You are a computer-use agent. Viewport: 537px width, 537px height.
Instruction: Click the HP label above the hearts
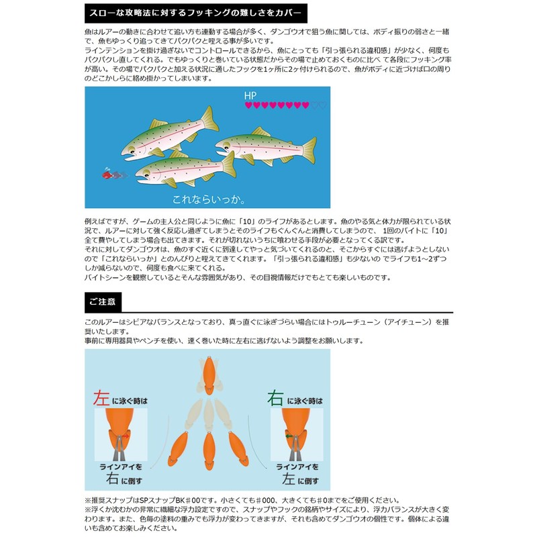(250, 95)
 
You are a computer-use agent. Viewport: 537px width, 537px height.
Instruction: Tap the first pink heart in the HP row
(248, 105)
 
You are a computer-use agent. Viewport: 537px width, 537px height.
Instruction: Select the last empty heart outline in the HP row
(323, 105)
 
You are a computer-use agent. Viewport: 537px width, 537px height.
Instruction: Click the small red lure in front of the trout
(107, 175)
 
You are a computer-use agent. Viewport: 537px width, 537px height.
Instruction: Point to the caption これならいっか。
(209, 199)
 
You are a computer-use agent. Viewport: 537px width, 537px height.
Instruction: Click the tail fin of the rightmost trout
(309, 150)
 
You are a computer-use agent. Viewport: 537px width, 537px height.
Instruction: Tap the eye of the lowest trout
(146, 172)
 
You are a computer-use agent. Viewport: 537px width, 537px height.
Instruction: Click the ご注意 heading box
(103, 302)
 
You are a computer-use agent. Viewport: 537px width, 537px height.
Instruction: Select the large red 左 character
(101, 398)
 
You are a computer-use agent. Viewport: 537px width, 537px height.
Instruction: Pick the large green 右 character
(275, 398)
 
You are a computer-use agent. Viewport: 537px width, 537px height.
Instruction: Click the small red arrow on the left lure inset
(126, 436)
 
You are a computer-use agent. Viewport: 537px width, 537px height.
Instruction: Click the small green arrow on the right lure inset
(289, 436)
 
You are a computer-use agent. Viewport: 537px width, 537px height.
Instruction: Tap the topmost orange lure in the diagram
(209, 375)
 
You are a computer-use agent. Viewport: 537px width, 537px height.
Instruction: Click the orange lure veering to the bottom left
(178, 448)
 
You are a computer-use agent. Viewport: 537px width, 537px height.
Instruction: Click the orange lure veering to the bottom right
(239, 448)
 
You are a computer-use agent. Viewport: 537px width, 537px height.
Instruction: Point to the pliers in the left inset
(119, 448)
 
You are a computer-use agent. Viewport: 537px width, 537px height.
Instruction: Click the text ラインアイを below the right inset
(297, 467)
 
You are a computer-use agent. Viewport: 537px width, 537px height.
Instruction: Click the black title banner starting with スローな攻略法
(196, 13)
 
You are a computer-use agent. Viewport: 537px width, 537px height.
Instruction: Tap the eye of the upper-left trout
(132, 149)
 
